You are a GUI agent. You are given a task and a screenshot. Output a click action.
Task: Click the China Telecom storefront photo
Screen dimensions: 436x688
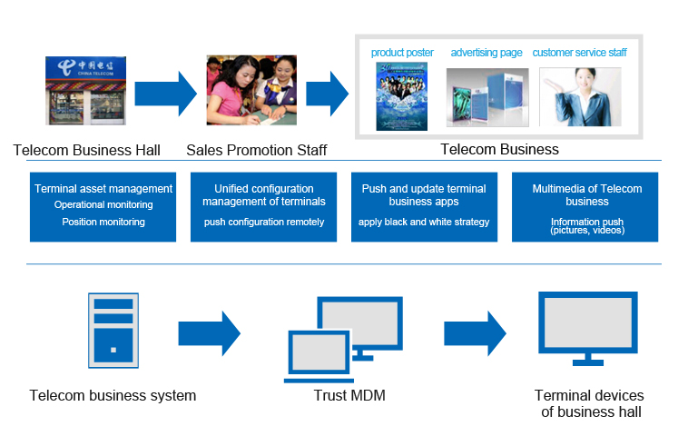(x=86, y=90)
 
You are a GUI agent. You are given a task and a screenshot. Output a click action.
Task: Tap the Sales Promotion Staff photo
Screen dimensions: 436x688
(x=251, y=90)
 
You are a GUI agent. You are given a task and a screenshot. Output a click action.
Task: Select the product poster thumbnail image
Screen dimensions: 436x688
(x=401, y=95)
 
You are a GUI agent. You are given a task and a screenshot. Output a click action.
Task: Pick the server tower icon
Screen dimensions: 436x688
(x=113, y=331)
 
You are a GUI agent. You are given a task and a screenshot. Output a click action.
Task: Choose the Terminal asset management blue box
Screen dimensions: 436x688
(x=103, y=207)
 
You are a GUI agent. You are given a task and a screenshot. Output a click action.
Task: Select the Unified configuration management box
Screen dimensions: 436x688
(x=263, y=207)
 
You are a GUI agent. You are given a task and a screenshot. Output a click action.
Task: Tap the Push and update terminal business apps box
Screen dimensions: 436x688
(x=424, y=207)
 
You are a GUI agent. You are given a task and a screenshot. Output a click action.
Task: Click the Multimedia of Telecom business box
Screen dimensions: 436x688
(x=586, y=207)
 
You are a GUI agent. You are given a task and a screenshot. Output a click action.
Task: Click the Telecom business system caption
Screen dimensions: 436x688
(x=113, y=396)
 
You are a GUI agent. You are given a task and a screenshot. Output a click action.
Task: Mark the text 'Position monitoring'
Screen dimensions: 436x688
(x=103, y=222)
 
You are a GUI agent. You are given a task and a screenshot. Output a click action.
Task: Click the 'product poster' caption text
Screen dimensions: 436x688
(x=402, y=53)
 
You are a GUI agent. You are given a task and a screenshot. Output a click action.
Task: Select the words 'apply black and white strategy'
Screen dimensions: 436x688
(x=424, y=222)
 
